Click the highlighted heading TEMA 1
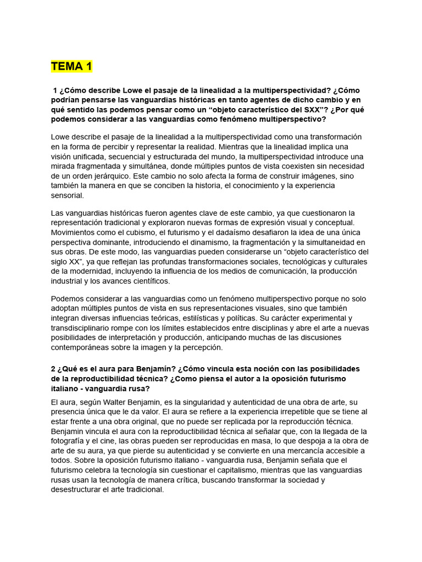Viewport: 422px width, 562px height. click(x=71, y=67)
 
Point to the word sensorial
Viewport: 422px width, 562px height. click(x=68, y=195)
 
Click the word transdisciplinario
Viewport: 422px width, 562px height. click(x=82, y=328)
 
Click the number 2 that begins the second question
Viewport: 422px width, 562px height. click(x=53, y=368)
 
